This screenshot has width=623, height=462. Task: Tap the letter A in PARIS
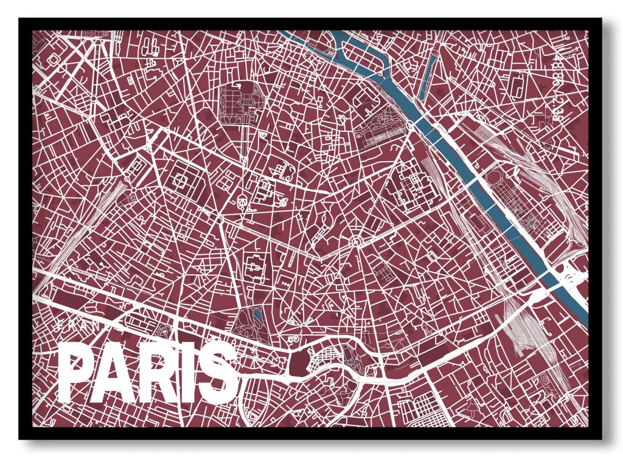pyautogui.click(x=116, y=372)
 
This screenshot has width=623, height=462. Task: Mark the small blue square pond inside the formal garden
pyautogui.click(x=246, y=103)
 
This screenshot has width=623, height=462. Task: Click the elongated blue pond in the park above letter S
pyautogui.click(x=258, y=315)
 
